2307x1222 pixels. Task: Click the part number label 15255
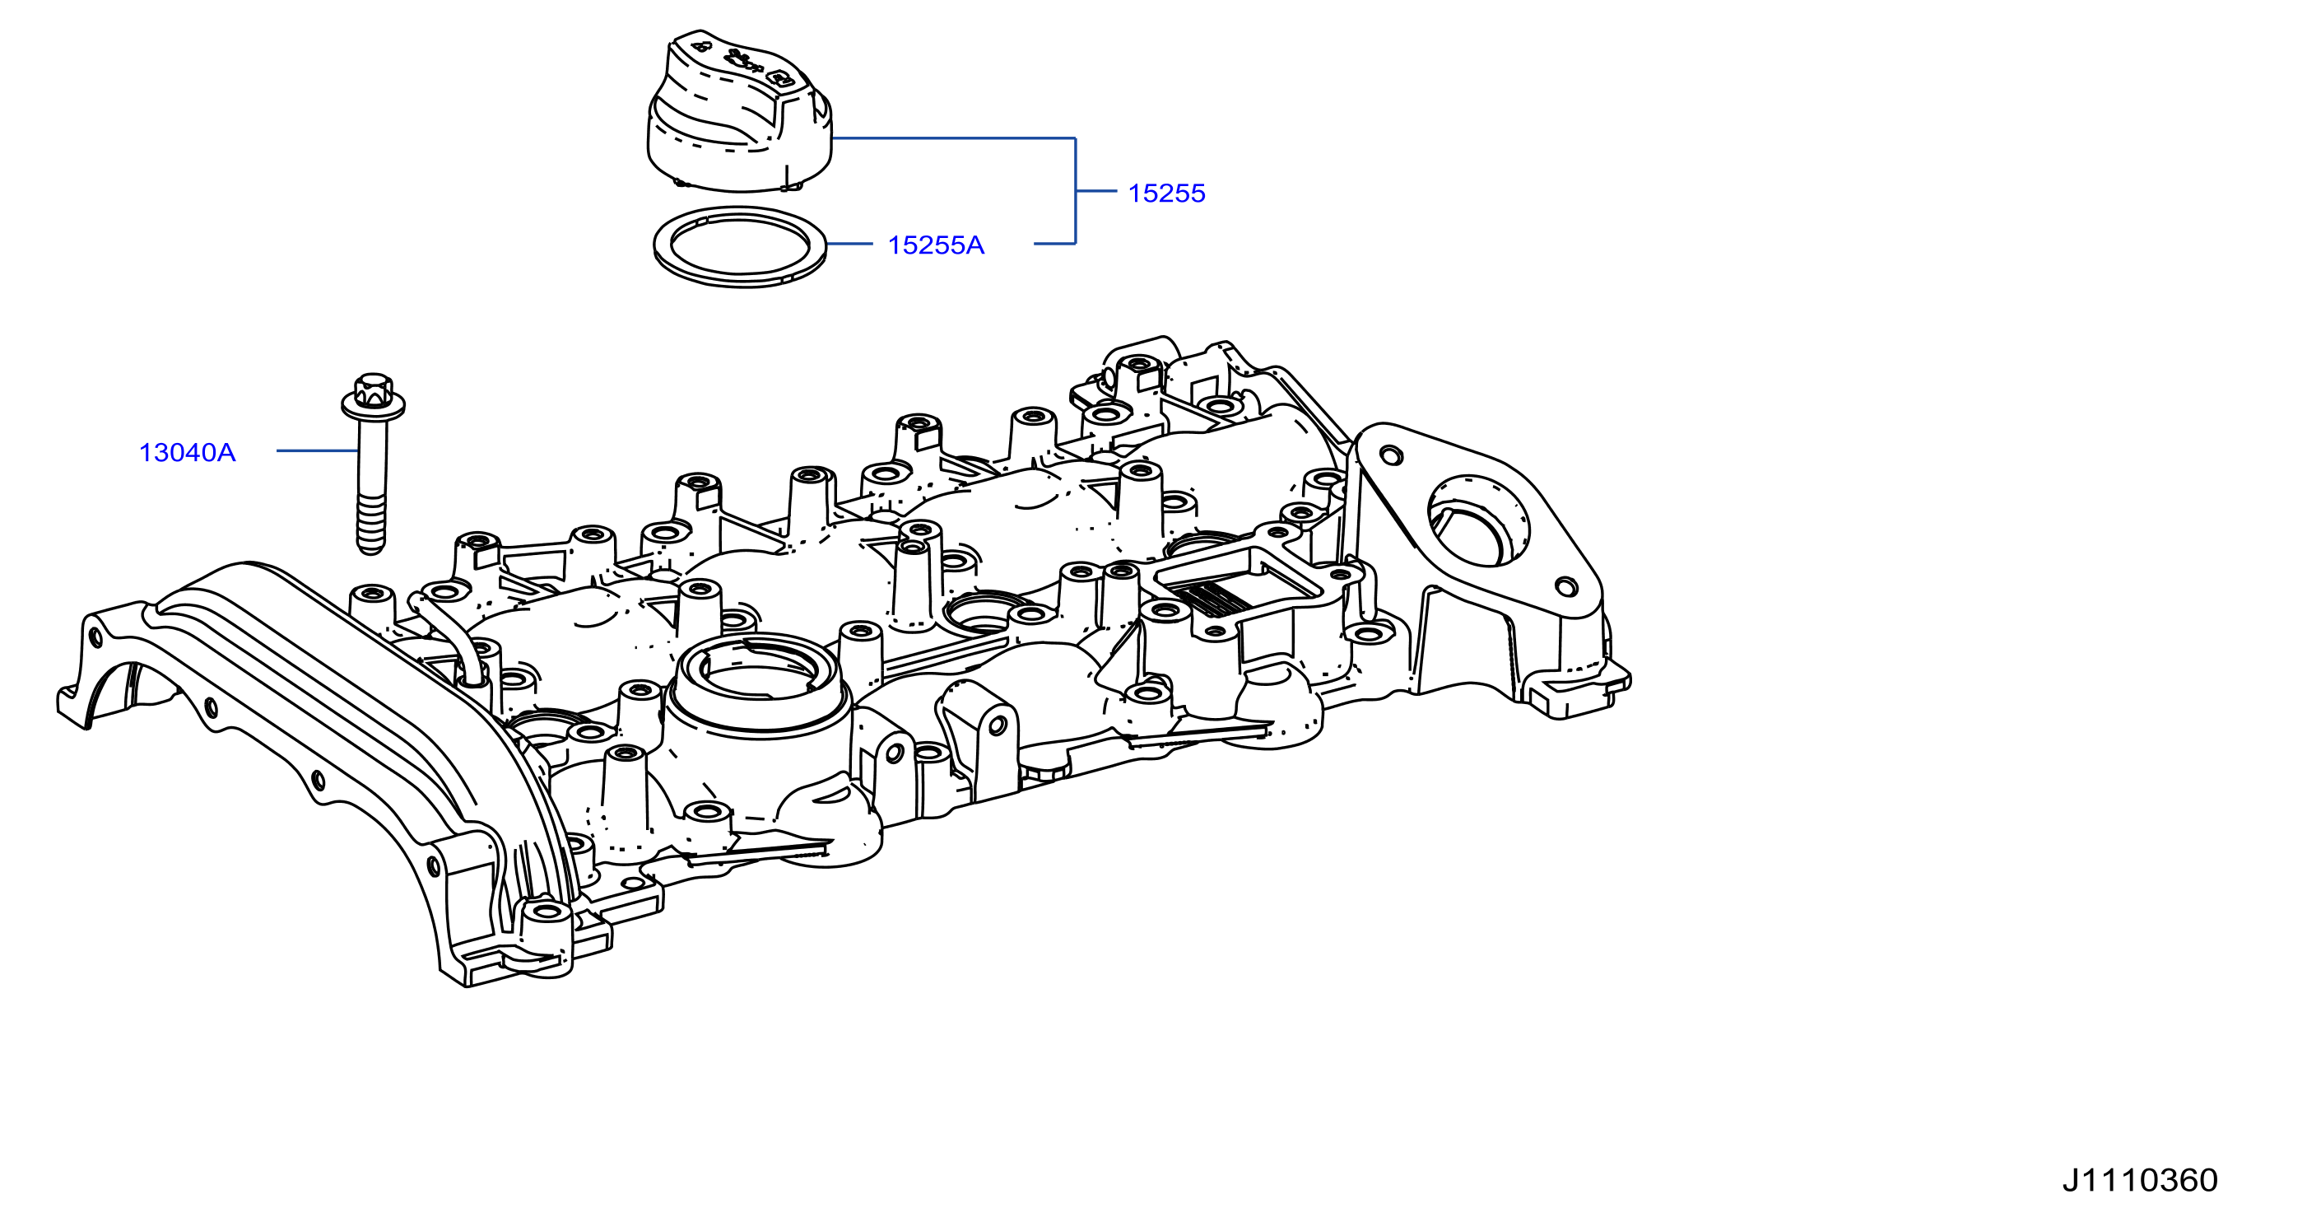click(1166, 194)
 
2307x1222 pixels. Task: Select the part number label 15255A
click(935, 245)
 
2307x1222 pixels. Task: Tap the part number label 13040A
click(187, 452)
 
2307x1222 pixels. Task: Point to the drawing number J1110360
click(2140, 1180)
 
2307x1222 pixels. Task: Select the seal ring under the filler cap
click(740, 246)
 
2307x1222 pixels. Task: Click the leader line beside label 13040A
click(317, 450)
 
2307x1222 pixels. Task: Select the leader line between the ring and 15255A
click(849, 244)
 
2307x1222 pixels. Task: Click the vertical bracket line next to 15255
click(1075, 191)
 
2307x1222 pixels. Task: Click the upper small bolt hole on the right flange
click(1392, 456)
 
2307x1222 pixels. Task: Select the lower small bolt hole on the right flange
click(1565, 587)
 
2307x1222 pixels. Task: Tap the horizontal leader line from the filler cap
click(953, 138)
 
